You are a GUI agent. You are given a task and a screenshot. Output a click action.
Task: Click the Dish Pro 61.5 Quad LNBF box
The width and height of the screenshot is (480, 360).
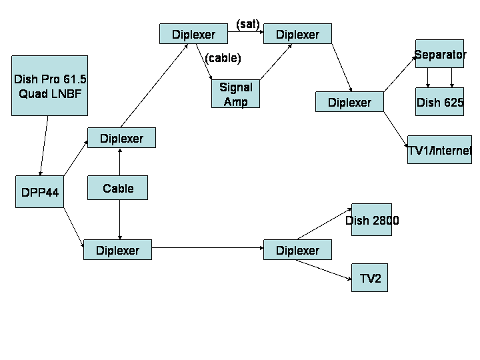[49, 86]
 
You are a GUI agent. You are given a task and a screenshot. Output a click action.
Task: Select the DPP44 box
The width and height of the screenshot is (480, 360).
[40, 192]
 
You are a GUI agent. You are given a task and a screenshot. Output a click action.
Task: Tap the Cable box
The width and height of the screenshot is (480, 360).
[118, 187]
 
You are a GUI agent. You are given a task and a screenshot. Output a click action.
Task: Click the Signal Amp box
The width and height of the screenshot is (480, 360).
[236, 94]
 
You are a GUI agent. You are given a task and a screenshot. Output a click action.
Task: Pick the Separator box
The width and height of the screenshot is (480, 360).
[439, 54]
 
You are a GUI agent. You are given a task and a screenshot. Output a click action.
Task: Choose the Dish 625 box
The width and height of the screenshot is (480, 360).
[439, 101]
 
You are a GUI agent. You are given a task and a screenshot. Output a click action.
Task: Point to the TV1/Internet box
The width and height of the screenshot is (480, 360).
[439, 150]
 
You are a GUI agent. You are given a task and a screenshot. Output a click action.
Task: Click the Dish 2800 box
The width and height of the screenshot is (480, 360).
[371, 220]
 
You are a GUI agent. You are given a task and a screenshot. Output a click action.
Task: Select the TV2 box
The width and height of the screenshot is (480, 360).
[369, 277]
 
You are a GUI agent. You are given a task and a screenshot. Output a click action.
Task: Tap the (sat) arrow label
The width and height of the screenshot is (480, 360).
[248, 24]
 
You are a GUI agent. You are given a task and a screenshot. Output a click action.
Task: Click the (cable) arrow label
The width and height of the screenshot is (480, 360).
[223, 58]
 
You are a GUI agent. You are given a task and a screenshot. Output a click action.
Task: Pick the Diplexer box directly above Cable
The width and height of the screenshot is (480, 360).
[121, 138]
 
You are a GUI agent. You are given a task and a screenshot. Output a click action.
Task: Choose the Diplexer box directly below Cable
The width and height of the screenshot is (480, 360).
[117, 250]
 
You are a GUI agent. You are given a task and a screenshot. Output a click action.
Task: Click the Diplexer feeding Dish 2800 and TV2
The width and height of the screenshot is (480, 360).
[297, 250]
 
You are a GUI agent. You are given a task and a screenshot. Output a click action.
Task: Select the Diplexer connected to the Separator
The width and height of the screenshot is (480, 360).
[349, 101]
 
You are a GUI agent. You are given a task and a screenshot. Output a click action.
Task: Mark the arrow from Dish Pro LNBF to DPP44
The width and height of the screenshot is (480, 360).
[44, 146]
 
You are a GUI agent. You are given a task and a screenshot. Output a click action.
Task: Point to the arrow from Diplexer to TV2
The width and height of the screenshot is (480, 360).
[323, 270]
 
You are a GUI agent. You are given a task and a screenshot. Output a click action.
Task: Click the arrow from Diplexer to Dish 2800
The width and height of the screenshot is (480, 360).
[325, 224]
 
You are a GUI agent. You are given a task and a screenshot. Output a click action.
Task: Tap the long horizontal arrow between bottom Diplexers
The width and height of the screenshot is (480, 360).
[207, 247]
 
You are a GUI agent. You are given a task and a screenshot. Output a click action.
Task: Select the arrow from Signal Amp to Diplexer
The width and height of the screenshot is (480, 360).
[276, 62]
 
